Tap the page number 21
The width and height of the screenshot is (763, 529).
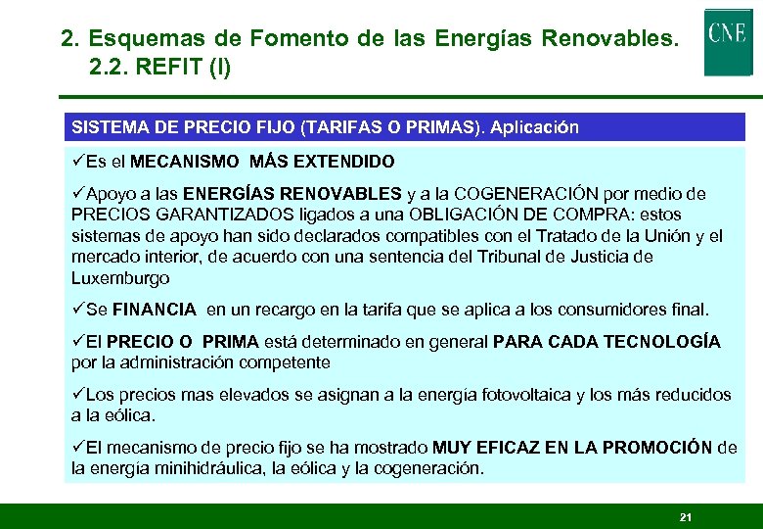(x=685, y=516)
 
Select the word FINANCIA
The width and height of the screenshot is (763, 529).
(x=155, y=310)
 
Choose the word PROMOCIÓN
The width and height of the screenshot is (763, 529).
(x=657, y=447)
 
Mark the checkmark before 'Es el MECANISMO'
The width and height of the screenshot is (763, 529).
(x=78, y=161)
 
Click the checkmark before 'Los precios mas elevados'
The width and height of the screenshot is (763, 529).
(x=78, y=394)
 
